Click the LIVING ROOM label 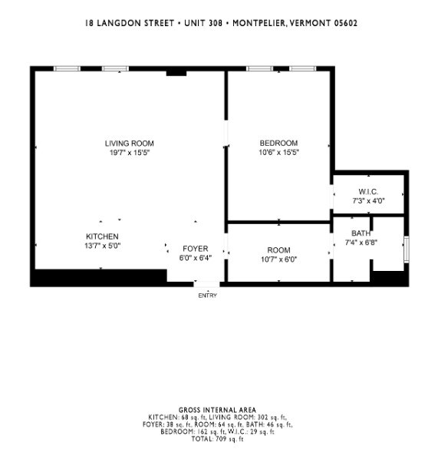click(x=129, y=144)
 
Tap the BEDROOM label click(x=278, y=144)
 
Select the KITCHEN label click(x=102, y=236)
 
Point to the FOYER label click(x=194, y=249)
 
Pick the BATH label click(x=361, y=233)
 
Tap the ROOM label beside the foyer click(x=278, y=250)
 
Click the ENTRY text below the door click(x=207, y=295)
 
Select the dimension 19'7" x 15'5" click(x=129, y=153)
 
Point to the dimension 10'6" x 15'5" click(x=278, y=153)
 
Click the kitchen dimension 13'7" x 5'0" click(x=102, y=246)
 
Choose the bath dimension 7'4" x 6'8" click(x=361, y=243)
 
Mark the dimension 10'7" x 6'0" click(x=278, y=259)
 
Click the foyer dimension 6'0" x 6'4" click(x=194, y=259)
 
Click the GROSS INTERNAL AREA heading click(x=217, y=410)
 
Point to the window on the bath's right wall click(x=407, y=249)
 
